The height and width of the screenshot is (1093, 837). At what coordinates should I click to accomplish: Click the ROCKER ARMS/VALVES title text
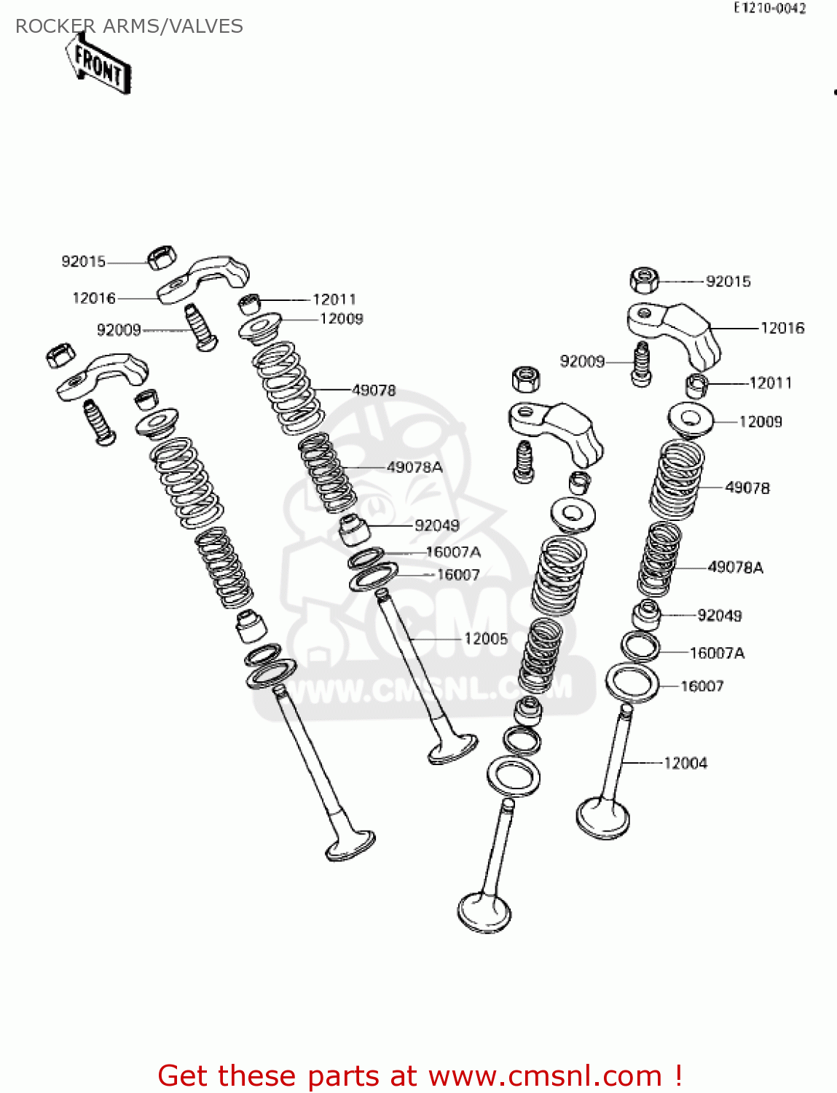(x=129, y=26)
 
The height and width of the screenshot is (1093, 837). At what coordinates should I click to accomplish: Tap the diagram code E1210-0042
(x=769, y=9)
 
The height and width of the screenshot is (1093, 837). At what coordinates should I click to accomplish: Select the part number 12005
(x=486, y=639)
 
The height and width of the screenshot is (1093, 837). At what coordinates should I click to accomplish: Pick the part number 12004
(x=685, y=763)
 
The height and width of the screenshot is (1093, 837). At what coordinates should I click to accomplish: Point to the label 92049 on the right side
(x=720, y=616)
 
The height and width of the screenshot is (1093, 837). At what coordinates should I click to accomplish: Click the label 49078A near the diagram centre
(x=414, y=467)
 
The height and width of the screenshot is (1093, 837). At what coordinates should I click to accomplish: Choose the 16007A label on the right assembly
(x=717, y=653)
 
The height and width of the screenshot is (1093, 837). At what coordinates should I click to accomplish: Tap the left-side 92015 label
(x=83, y=262)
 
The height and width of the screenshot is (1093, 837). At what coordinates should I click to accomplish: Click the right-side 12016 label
(x=782, y=328)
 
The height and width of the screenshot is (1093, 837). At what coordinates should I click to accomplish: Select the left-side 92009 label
(x=119, y=330)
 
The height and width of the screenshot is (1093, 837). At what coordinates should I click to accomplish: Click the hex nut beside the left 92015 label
(x=162, y=258)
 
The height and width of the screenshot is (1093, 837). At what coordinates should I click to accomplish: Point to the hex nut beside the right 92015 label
(x=644, y=279)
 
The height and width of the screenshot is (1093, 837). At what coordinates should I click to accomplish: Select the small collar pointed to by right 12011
(x=697, y=384)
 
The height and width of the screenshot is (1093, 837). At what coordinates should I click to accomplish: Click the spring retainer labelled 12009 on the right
(x=690, y=420)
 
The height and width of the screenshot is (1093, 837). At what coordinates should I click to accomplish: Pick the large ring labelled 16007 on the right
(x=632, y=683)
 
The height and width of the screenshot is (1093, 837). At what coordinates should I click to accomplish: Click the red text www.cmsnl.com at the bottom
(x=545, y=1076)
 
